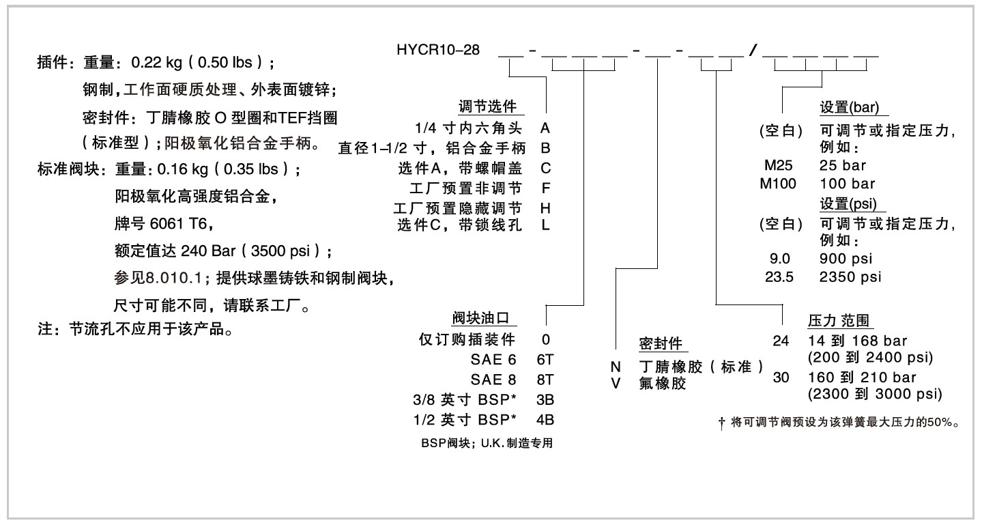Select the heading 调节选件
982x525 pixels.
click(x=491, y=107)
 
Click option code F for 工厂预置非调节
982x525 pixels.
click(x=545, y=187)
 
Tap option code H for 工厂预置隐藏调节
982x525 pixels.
click(x=545, y=207)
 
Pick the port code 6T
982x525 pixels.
click(x=545, y=359)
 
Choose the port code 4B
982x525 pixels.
click(x=545, y=418)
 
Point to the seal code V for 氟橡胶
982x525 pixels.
click(x=616, y=384)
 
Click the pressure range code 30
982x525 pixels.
click(x=781, y=378)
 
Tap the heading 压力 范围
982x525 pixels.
click(x=841, y=321)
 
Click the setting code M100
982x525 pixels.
click(x=779, y=184)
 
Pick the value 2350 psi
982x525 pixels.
click(x=850, y=276)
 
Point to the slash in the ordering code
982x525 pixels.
click(x=751, y=51)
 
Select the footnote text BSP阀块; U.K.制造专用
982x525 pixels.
click(x=487, y=443)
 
